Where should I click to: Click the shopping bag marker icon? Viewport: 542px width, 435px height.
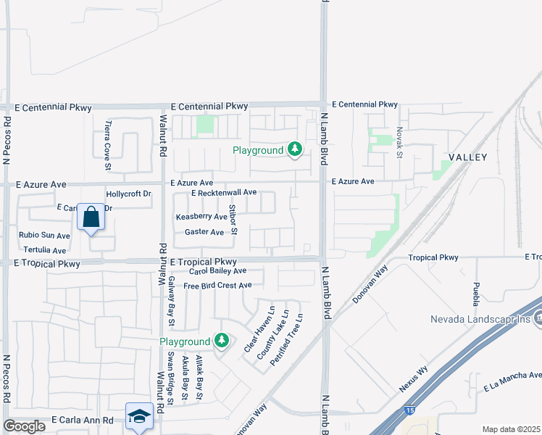click(x=91, y=217)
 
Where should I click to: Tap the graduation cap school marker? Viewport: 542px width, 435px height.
click(x=139, y=416)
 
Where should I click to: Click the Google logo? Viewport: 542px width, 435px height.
click(x=24, y=426)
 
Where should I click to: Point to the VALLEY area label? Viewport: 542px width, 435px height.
click(x=467, y=157)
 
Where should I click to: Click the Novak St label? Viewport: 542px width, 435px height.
click(x=399, y=142)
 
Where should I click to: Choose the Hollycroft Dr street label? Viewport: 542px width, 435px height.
click(x=128, y=194)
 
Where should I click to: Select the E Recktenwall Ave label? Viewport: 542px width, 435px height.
click(x=224, y=192)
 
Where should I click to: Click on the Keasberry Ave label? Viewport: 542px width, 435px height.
click(x=201, y=217)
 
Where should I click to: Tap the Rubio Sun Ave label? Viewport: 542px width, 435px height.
click(x=44, y=235)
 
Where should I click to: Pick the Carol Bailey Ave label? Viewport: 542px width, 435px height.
click(x=218, y=270)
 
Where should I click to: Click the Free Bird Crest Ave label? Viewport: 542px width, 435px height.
click(x=217, y=286)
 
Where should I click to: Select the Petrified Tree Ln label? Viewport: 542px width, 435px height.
click(x=286, y=339)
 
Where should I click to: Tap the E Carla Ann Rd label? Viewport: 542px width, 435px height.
click(x=83, y=420)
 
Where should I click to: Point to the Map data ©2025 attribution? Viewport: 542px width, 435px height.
click(x=511, y=429)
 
